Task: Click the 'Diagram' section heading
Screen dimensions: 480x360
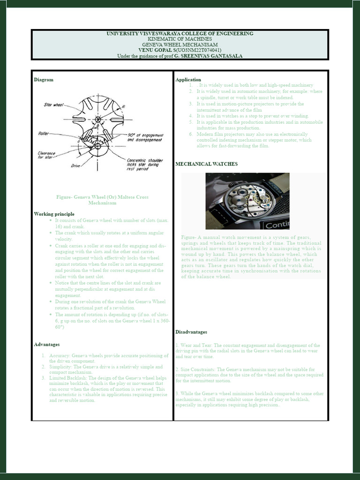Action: point(44,80)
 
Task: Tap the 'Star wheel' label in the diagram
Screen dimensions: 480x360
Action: point(53,105)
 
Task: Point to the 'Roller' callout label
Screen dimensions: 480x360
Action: point(44,134)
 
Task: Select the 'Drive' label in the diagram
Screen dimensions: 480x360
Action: point(76,165)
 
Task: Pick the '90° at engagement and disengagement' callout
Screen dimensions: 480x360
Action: point(144,137)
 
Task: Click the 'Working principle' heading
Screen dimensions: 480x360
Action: point(54,214)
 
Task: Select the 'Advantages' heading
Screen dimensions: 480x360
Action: point(47,344)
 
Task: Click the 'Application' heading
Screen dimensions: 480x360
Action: point(188,80)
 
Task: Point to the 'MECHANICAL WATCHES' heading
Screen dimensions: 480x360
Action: point(206,164)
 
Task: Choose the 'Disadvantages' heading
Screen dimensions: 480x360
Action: point(192,332)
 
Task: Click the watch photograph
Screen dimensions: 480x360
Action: point(247,201)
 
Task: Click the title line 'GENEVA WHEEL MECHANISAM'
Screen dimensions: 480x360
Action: point(180,44)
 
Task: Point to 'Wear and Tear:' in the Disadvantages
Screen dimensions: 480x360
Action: point(197,345)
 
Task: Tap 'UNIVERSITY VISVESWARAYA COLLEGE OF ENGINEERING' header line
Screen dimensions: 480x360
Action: point(180,33)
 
